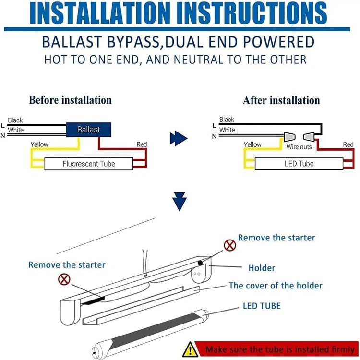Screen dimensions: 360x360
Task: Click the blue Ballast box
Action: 88,130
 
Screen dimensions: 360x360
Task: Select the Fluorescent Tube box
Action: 89,164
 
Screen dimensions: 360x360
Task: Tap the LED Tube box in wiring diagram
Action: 299,164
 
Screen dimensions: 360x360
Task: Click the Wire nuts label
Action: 299,147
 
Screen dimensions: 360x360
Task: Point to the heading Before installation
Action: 70,100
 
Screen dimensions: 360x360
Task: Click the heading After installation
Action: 281,100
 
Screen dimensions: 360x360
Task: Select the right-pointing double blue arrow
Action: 178,138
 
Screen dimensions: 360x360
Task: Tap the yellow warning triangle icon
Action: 191,348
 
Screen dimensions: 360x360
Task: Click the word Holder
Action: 262,268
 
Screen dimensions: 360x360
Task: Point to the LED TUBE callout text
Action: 262,306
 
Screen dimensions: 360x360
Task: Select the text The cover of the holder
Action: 276,286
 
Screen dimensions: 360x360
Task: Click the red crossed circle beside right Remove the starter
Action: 230,246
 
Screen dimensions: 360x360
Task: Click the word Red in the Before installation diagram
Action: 142,144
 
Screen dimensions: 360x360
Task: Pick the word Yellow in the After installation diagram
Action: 252,144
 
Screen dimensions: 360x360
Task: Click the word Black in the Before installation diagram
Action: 15,120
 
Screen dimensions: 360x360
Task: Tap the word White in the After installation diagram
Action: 227,130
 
